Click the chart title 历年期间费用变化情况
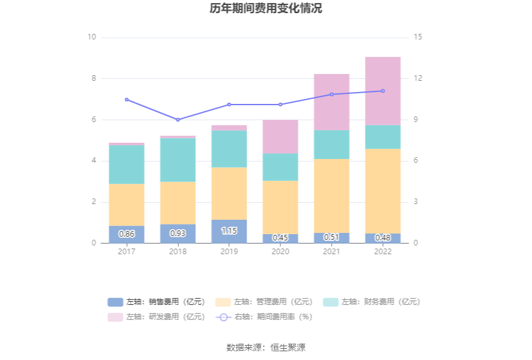[266, 9]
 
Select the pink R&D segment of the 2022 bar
[382, 91]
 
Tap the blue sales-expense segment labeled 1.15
[229, 231]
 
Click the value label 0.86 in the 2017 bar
[126, 234]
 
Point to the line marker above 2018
[178, 120]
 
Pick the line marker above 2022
[382, 91]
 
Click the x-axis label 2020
[280, 251]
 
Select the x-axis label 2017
[126, 251]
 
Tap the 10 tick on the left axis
[91, 37]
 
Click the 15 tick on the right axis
[418, 37]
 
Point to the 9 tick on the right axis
[416, 120]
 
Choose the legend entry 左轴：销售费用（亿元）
[156, 302]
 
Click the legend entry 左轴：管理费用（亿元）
[264, 302]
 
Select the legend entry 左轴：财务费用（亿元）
[372, 302]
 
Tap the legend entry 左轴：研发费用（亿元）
[156, 317]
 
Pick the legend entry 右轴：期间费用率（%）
[264, 317]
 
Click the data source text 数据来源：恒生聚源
[266, 347]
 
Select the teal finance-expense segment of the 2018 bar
[178, 160]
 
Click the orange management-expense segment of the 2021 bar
[331, 195]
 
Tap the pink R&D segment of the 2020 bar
[280, 136]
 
